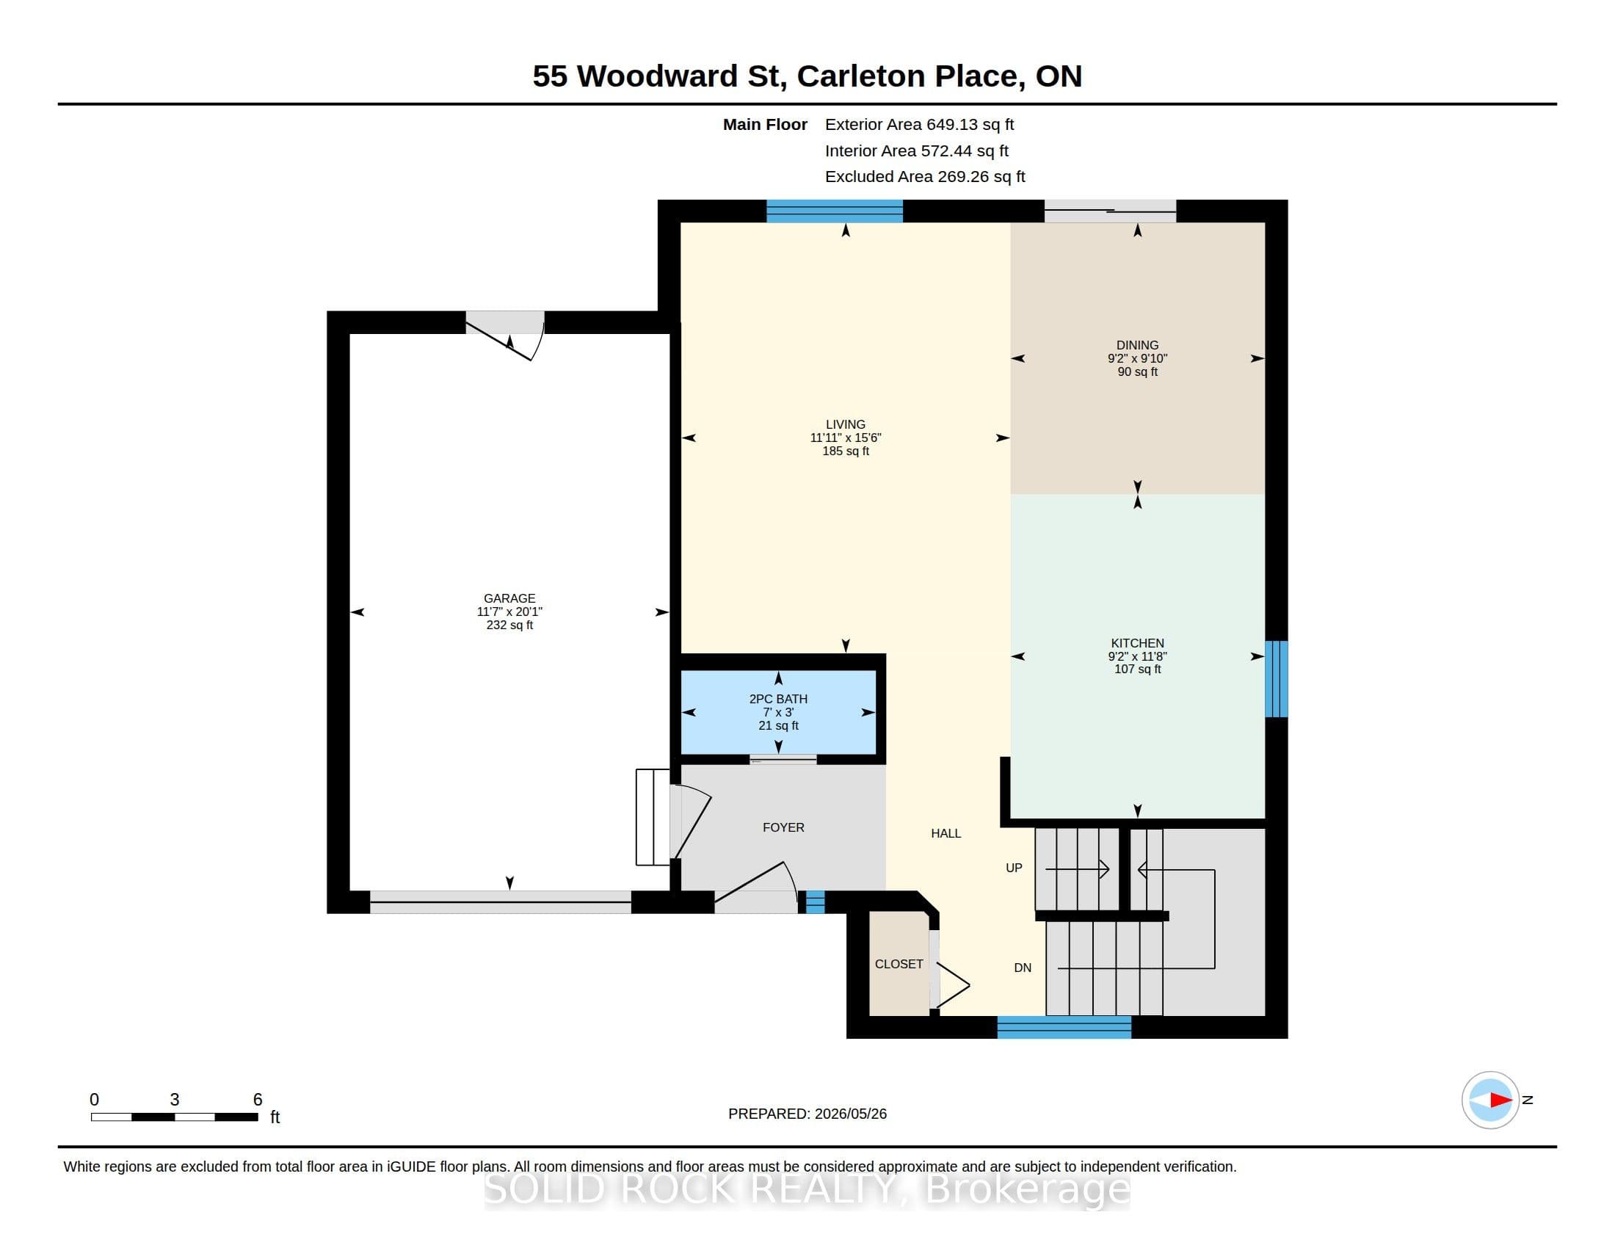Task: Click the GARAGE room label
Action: pos(509,598)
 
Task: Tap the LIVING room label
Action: pos(845,424)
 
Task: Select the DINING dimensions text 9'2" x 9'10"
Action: pos(1137,358)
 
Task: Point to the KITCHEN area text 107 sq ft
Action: pos(1137,669)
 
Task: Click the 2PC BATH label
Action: pos(778,699)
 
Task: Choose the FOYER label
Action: pos(783,827)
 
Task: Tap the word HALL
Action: pos(946,833)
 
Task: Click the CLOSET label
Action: pos(899,964)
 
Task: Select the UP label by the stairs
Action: pos(1014,868)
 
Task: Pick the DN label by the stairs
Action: pos(1023,968)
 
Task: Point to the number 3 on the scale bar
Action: pos(175,1100)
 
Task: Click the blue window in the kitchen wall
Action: pos(1277,679)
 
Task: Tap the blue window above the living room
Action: pos(834,211)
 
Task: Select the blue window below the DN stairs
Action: pos(1064,1027)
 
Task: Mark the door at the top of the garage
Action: pos(505,335)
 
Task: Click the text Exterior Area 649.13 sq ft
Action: pos(919,125)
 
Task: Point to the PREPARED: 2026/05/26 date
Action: pos(807,1114)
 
